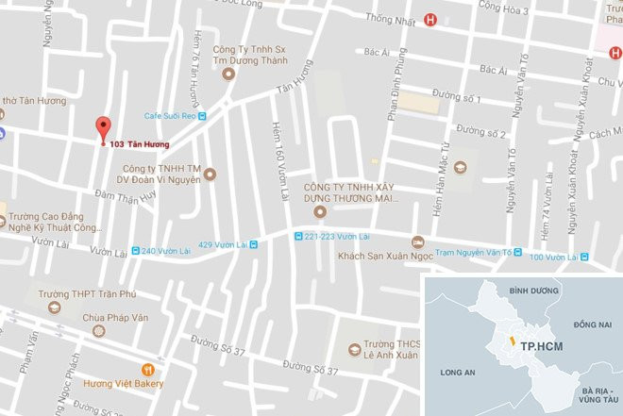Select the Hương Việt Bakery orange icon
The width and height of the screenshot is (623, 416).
[x=147, y=369]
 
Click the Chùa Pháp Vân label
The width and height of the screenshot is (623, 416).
[x=114, y=318]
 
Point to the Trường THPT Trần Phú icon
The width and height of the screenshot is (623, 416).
[x=56, y=308]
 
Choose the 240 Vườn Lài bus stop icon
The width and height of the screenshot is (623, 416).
[x=136, y=251]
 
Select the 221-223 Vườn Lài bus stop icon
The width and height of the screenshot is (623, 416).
[x=299, y=236]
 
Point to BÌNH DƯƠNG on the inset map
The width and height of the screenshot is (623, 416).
[x=528, y=291]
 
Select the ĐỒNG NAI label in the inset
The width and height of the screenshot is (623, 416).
[x=591, y=324]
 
